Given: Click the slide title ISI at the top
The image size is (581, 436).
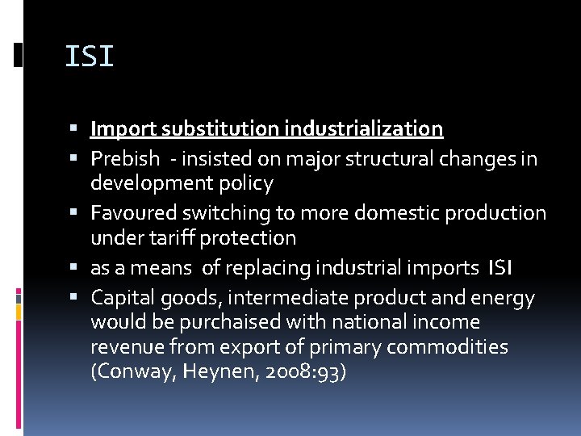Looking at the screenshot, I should [89, 57].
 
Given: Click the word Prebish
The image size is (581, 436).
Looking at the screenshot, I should [125, 157].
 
